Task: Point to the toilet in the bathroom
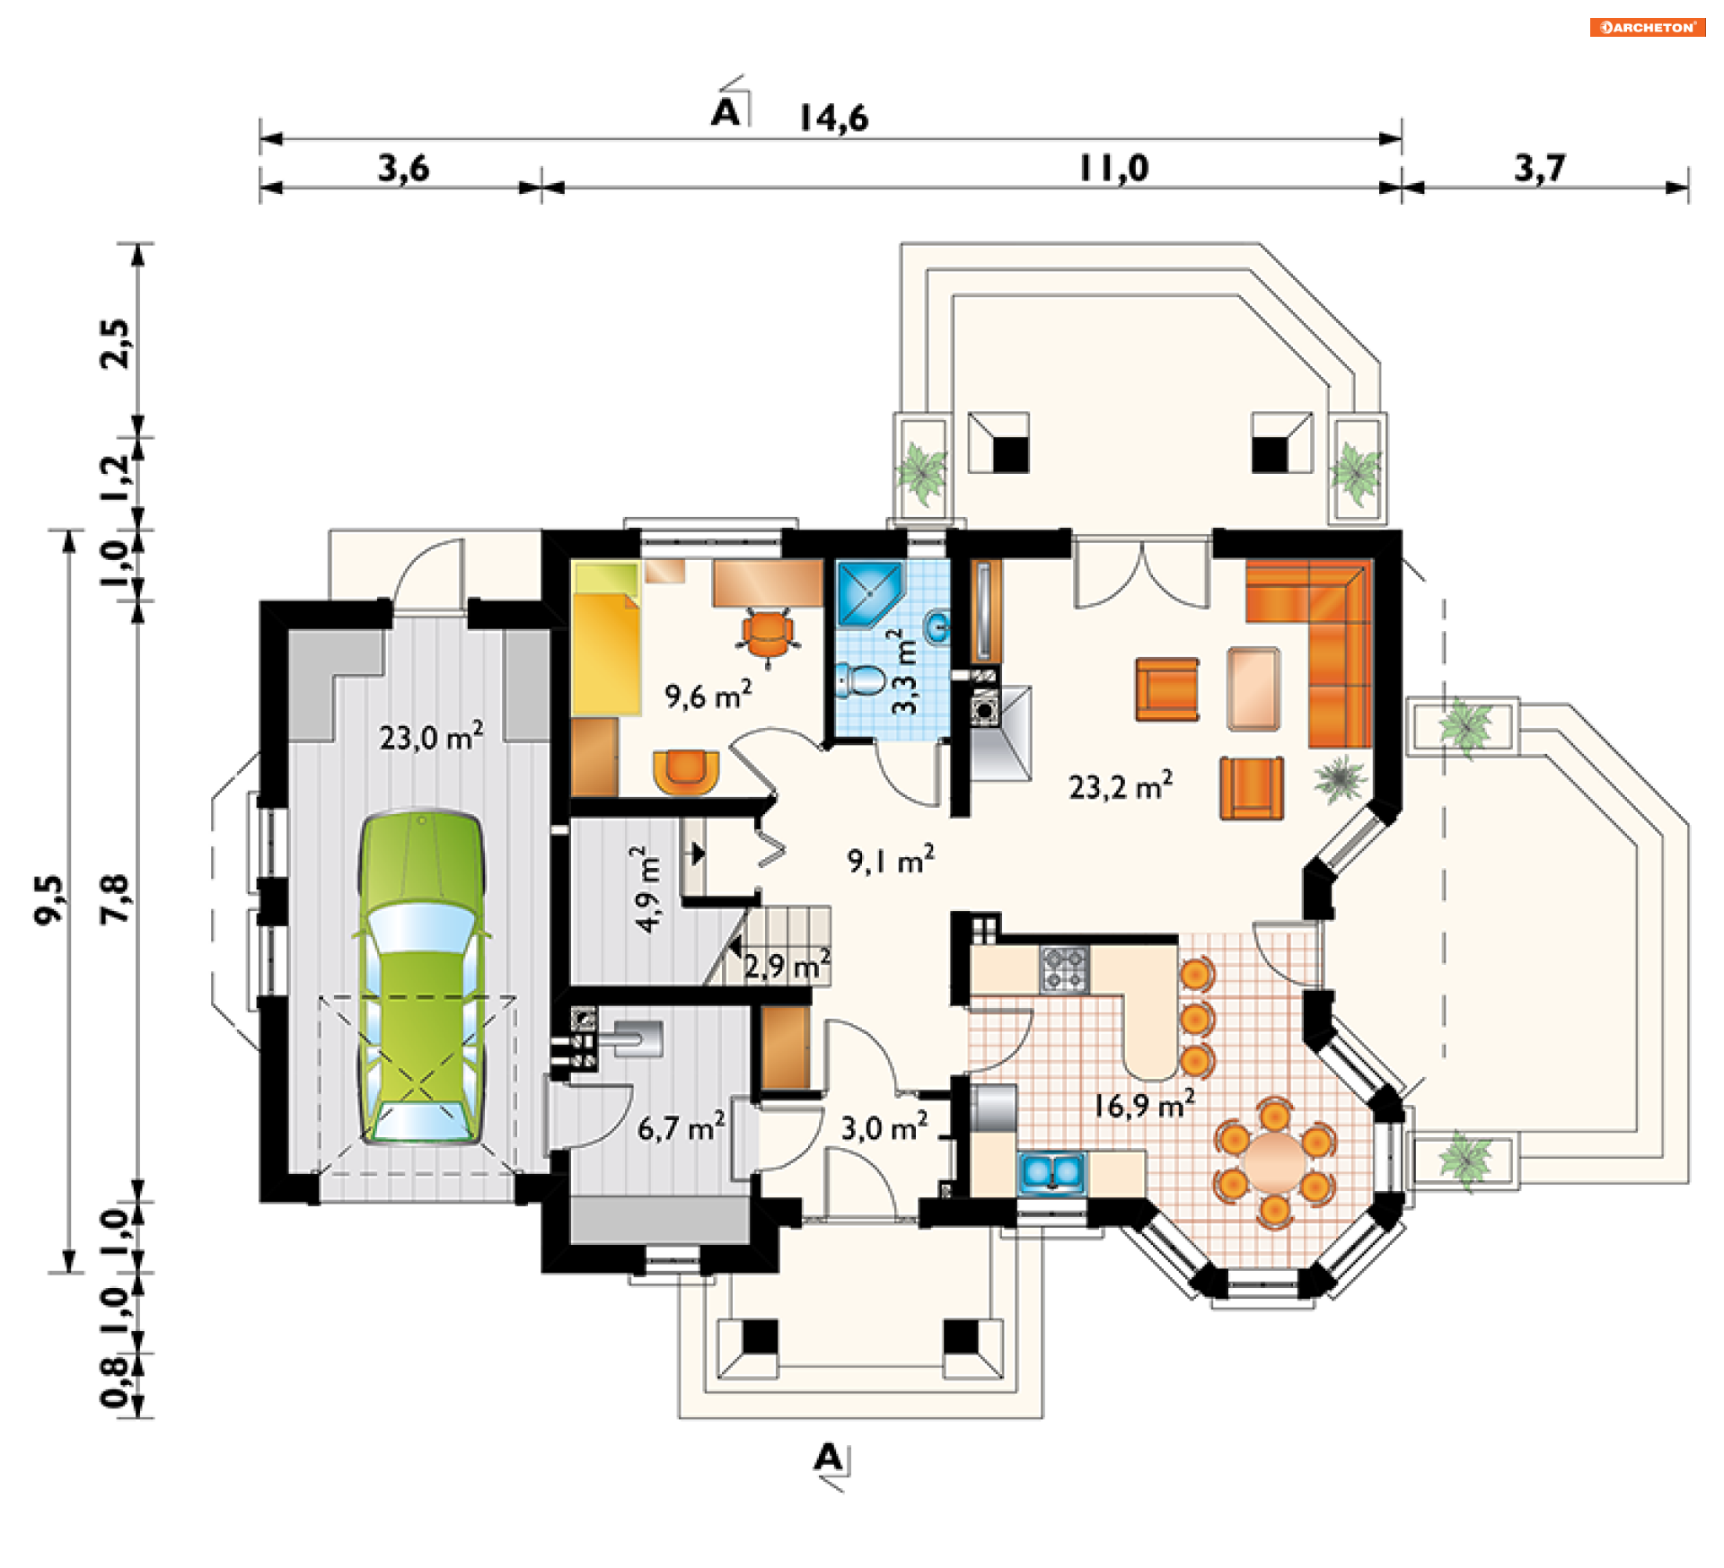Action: point(859,679)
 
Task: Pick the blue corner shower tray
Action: point(869,593)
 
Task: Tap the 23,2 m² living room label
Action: point(1120,785)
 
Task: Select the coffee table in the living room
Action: point(1253,688)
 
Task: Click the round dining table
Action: point(1275,1161)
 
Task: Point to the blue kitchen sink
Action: point(1051,1172)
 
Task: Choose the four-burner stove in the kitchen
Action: point(1065,969)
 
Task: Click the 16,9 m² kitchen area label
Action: point(1144,1104)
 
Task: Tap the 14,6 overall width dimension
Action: point(833,118)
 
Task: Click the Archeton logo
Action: point(1648,27)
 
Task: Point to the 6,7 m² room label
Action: point(681,1127)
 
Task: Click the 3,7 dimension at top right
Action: point(1540,168)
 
